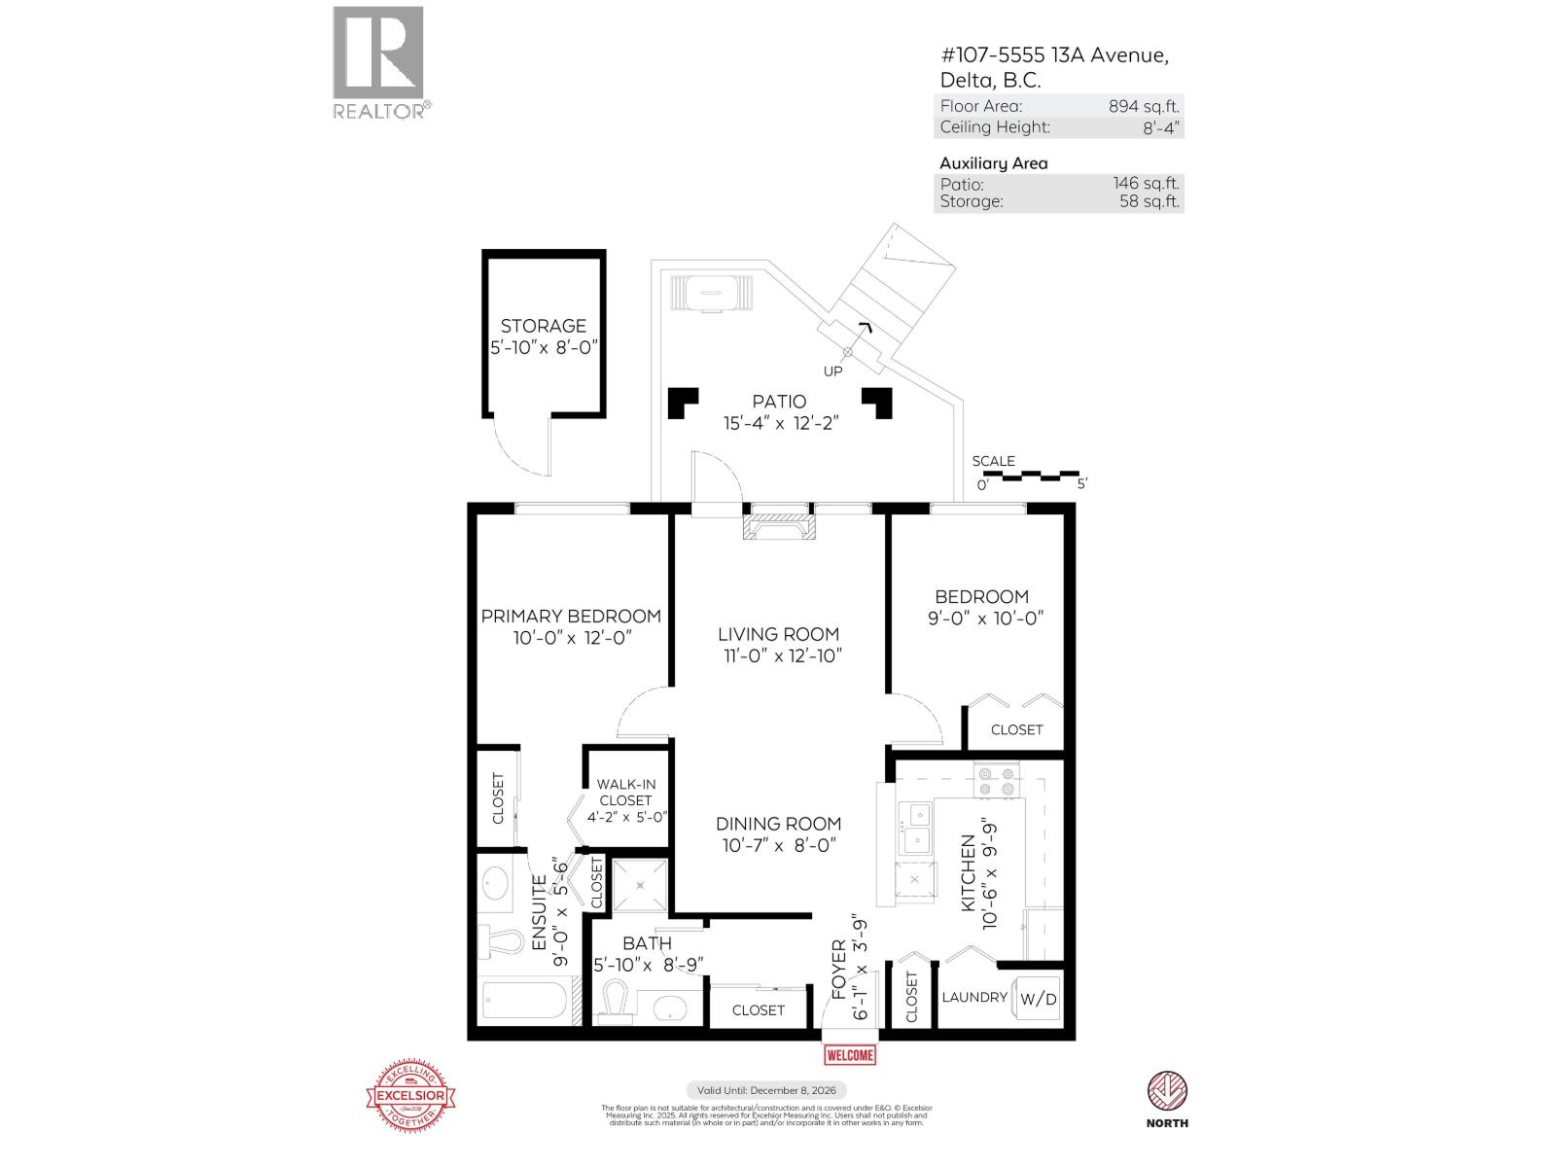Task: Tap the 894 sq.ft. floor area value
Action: tap(1144, 106)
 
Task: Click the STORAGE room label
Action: tap(543, 327)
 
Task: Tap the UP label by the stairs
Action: tap(833, 371)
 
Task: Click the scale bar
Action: tap(1032, 477)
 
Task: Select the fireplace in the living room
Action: tap(779, 527)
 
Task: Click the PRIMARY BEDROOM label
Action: tap(571, 616)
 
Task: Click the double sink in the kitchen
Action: tap(915, 829)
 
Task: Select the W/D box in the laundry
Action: tap(1038, 999)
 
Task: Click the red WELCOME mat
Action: tap(850, 1055)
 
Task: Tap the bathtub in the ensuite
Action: tap(524, 1002)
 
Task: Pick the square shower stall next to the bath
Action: tap(640, 885)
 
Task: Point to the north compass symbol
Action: tap(1167, 1091)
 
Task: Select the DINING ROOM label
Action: tap(778, 823)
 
